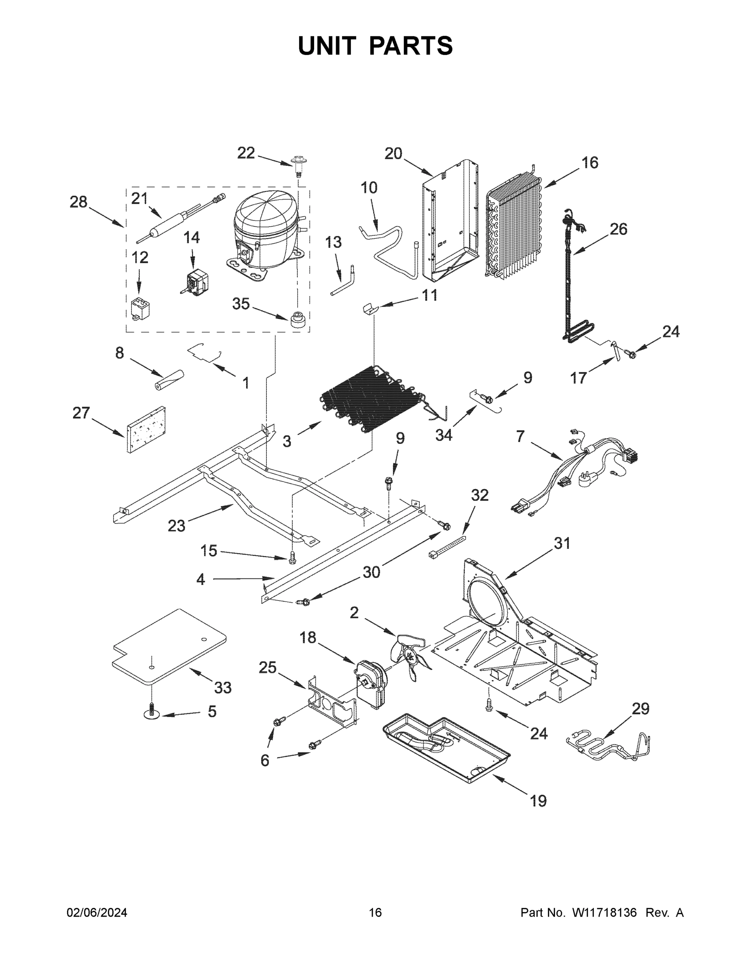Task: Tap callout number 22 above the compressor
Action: (246, 153)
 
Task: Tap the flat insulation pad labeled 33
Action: (169, 646)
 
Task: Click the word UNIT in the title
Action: (327, 46)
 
